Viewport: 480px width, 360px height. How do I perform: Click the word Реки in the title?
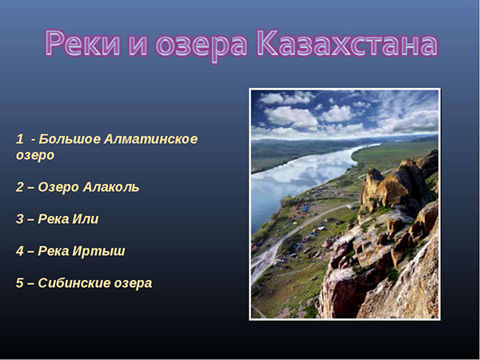click(82, 43)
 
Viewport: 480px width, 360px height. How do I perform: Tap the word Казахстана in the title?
click(347, 43)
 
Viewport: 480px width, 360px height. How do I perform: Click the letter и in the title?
click(138, 46)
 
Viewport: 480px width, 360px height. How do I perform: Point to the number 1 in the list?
click(19, 139)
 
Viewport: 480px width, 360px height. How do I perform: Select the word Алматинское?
click(151, 139)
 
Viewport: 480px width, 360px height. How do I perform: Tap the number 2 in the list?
click(19, 187)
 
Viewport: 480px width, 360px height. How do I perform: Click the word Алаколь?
click(111, 187)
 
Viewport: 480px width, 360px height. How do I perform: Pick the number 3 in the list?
click(19, 219)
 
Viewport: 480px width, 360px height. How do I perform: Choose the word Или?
click(86, 219)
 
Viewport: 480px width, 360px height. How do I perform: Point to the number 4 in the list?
click(19, 251)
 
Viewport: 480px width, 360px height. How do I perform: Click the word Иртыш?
click(98, 252)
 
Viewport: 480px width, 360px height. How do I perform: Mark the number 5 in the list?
click(19, 283)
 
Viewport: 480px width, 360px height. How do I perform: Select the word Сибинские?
click(74, 283)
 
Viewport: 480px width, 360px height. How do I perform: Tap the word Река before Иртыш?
click(54, 251)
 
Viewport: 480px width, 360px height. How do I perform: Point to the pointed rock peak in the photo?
click(374, 178)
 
